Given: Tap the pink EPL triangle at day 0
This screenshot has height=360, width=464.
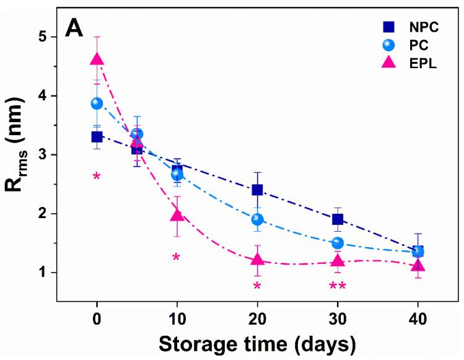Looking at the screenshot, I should pyautogui.click(x=97, y=59).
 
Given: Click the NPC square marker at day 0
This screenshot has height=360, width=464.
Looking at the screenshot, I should pyautogui.click(x=97, y=137).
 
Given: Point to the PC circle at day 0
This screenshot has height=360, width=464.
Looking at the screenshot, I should pyautogui.click(x=97, y=103).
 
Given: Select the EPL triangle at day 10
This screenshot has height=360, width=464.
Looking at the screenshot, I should pyautogui.click(x=177, y=215).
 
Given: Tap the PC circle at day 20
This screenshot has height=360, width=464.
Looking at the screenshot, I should pyautogui.click(x=257, y=219).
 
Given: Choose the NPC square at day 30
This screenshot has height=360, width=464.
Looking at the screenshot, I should pyautogui.click(x=338, y=219).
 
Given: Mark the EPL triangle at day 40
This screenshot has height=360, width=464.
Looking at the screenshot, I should pyautogui.click(x=418, y=266).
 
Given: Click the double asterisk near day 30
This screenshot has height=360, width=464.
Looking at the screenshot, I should pyautogui.click(x=338, y=286).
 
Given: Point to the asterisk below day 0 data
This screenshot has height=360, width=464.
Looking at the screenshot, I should pyautogui.click(x=97, y=177).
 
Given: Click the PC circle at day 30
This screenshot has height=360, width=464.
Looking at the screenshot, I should pyautogui.click(x=338, y=243).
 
